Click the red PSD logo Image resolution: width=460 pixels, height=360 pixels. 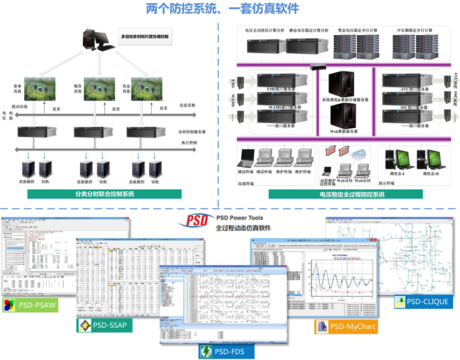[197, 220]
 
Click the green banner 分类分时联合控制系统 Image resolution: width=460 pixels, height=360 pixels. [104, 194]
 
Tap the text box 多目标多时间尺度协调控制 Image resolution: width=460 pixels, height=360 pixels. [145, 37]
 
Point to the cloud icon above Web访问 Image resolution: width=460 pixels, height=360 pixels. [359, 152]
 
